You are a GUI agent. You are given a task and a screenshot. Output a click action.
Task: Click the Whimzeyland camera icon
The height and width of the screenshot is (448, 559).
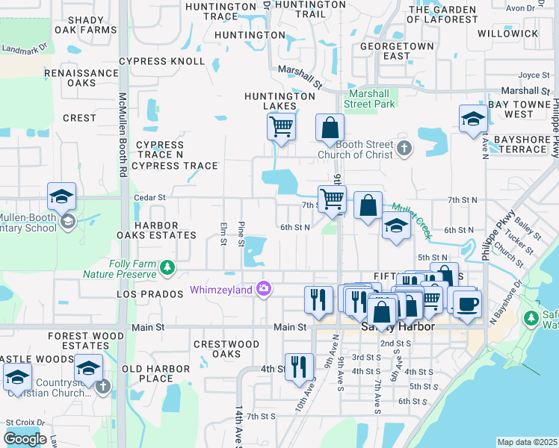(x=264, y=289)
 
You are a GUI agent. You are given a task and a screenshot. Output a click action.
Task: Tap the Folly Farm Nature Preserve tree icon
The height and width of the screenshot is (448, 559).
(x=170, y=267)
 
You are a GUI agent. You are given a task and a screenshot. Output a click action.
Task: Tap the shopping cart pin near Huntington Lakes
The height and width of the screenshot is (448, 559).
(x=281, y=126)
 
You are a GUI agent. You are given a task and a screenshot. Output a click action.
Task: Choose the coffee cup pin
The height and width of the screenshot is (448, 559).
(x=468, y=304)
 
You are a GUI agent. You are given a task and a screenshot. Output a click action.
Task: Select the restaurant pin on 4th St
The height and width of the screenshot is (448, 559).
(x=299, y=367)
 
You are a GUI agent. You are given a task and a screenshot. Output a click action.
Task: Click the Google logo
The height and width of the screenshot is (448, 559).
(x=25, y=438)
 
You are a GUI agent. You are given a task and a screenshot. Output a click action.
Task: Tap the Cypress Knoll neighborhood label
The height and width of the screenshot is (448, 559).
(x=161, y=60)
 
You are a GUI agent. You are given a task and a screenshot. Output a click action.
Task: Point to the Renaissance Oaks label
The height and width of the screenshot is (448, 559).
(x=81, y=78)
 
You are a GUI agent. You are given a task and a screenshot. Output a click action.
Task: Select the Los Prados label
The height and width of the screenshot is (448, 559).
(x=150, y=294)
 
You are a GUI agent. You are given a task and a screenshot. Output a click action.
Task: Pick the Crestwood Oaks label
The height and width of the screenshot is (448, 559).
(x=226, y=349)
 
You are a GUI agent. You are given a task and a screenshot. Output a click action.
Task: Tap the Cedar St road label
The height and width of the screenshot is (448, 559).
(x=149, y=197)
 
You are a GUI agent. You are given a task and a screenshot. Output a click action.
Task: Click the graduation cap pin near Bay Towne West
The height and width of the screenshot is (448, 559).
(x=472, y=119)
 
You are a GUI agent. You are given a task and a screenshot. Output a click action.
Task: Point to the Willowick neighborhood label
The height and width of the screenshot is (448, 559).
(x=507, y=34)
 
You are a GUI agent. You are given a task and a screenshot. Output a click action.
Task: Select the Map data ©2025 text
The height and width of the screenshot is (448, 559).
(x=527, y=442)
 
